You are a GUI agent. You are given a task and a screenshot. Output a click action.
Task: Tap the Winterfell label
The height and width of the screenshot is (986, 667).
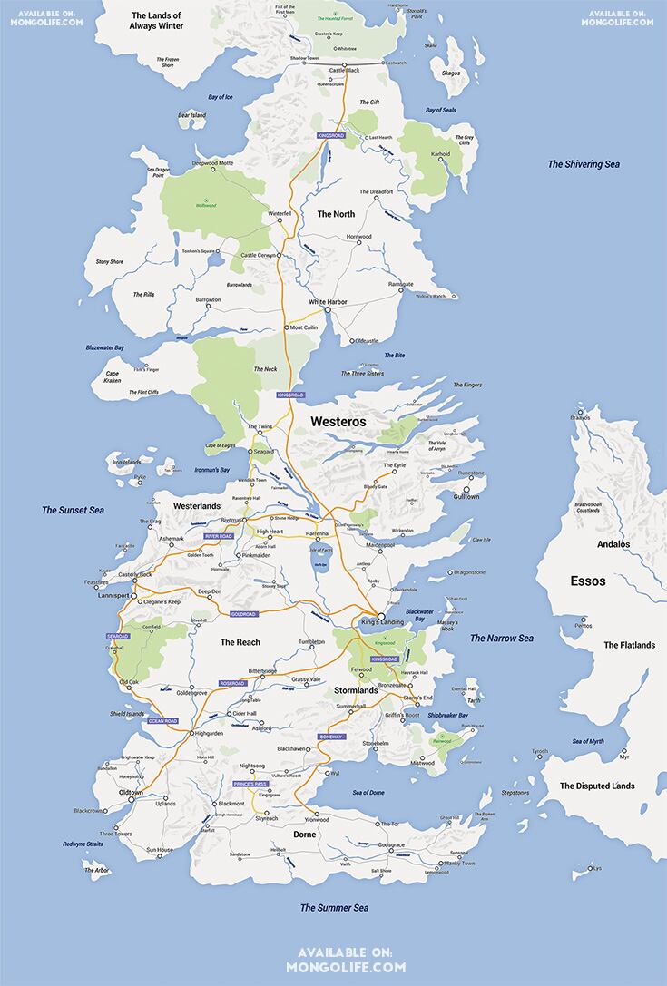280,214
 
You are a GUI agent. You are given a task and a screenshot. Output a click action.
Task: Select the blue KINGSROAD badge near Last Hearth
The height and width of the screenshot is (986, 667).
332,135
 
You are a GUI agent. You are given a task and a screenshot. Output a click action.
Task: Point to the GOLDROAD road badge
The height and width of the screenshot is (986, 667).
245,614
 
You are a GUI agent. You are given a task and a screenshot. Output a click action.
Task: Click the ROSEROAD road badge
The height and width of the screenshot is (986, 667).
232,683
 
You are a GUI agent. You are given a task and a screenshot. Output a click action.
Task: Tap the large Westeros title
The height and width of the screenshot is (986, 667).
338,422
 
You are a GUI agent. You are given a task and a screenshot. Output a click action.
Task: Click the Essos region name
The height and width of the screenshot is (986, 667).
587,581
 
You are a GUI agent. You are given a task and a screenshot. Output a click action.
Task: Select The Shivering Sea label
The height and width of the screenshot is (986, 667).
583,164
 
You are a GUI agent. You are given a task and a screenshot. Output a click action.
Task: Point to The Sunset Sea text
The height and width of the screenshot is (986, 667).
73,511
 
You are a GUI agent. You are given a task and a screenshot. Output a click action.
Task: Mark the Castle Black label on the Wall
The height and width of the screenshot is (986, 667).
345,70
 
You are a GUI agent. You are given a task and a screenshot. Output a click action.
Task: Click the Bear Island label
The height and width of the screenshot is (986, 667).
191,115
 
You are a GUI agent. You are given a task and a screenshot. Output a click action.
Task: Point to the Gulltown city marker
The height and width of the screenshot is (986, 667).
466,490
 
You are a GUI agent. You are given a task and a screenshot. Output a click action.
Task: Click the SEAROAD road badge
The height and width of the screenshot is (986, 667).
119,637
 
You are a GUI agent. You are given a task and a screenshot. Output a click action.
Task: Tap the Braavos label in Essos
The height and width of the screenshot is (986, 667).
580,418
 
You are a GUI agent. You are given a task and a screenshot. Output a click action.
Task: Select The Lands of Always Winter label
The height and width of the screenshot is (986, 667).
157,21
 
